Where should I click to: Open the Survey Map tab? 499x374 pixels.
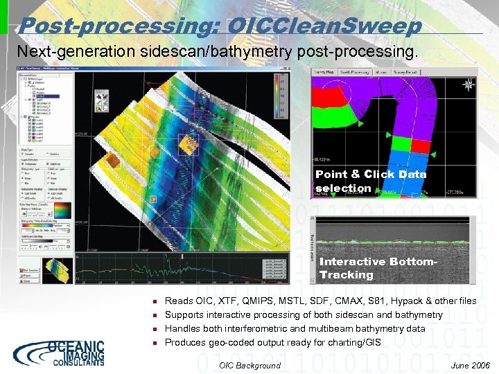(x=324, y=71)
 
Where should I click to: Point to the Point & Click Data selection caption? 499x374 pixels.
(x=371, y=181)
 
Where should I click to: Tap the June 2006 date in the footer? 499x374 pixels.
(x=470, y=365)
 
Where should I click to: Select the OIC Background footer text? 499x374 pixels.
(x=249, y=365)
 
